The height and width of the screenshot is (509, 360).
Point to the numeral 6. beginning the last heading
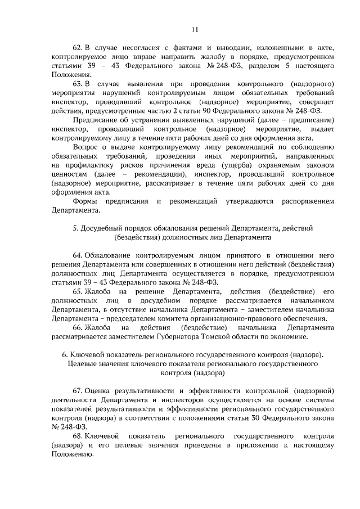pos(65,354)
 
